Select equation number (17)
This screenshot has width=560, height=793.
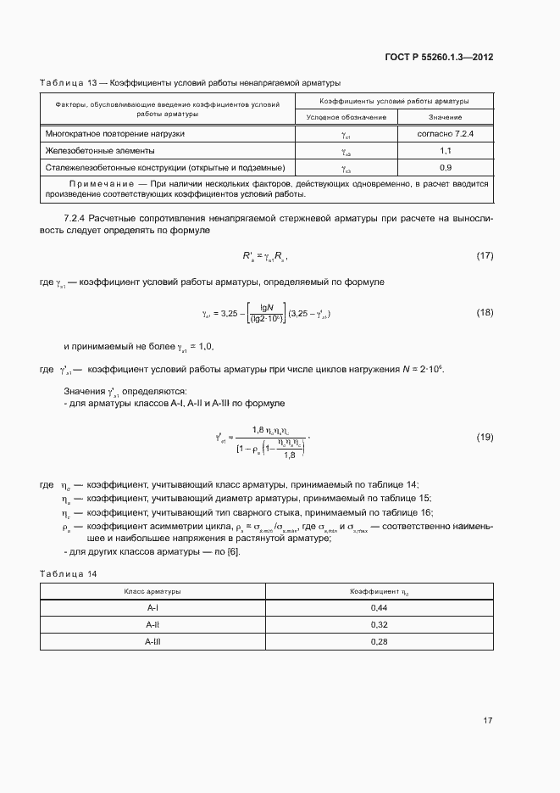point(485,255)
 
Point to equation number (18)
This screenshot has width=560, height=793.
point(485,313)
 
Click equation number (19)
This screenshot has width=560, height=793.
point(485,437)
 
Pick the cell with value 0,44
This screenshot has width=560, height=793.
point(380,609)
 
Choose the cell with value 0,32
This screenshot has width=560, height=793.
point(380,625)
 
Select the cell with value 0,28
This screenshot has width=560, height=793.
point(380,642)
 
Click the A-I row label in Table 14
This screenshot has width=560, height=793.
point(152,609)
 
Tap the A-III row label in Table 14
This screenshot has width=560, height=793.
point(152,642)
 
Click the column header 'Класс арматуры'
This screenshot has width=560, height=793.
point(152,591)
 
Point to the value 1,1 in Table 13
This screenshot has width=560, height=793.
point(445,150)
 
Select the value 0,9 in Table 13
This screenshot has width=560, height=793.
point(445,167)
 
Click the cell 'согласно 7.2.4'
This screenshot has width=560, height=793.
point(445,134)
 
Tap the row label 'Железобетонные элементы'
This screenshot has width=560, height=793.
point(95,150)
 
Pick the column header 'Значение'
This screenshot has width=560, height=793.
point(445,117)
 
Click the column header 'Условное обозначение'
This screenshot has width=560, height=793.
point(346,117)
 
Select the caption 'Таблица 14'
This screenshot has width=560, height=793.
point(69,574)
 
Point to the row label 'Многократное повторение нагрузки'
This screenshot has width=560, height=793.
point(115,134)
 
